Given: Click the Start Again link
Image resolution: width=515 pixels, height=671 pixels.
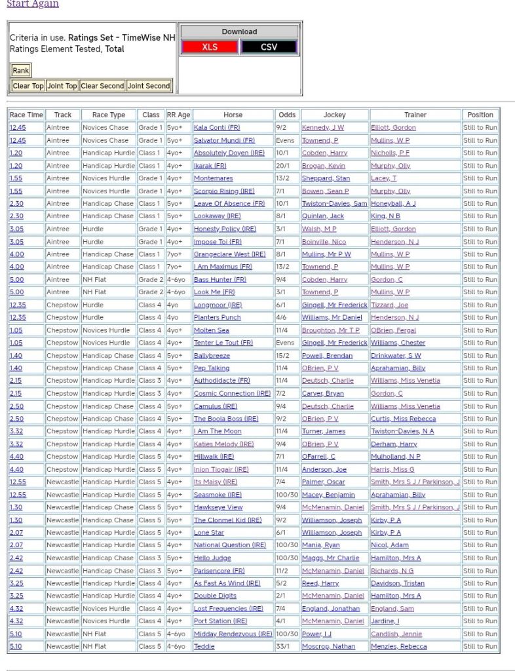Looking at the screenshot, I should (x=32, y=4).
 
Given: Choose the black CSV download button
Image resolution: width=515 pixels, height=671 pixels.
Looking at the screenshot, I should (x=269, y=47).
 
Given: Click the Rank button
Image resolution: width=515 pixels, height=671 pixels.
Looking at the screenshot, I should (x=21, y=71).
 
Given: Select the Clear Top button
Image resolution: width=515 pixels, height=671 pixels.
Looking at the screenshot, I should (x=28, y=86).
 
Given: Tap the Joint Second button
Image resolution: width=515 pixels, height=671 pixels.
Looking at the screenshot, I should (x=149, y=86).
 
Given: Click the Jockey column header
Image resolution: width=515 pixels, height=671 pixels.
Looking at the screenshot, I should (x=334, y=115).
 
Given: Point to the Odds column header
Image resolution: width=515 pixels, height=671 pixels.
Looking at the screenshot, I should (x=286, y=115).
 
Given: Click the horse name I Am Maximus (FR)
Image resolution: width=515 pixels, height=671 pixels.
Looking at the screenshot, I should (x=223, y=267).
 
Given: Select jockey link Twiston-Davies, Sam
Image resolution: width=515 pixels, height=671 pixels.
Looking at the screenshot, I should (x=334, y=204).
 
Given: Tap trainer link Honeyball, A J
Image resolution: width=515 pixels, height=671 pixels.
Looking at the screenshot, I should (x=393, y=204).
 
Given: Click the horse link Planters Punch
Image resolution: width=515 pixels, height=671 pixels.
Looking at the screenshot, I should (x=217, y=318).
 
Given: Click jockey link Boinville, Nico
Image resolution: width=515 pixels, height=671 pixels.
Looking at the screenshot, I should (x=324, y=242).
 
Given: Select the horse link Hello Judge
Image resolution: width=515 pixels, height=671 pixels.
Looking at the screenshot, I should (x=212, y=558).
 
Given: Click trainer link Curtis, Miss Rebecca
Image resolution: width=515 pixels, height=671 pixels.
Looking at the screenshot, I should (x=403, y=419).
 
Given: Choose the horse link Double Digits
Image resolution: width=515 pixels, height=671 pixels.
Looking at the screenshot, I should (x=215, y=596).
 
